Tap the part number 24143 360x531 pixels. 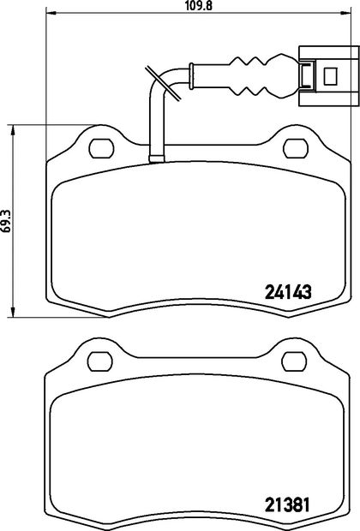click(288, 291)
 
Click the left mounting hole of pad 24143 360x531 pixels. click(101, 148)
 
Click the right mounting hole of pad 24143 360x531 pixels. click(296, 148)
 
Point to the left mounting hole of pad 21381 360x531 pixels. click(100, 361)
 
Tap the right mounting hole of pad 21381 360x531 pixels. click(295, 361)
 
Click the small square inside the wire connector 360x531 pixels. click(330, 76)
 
